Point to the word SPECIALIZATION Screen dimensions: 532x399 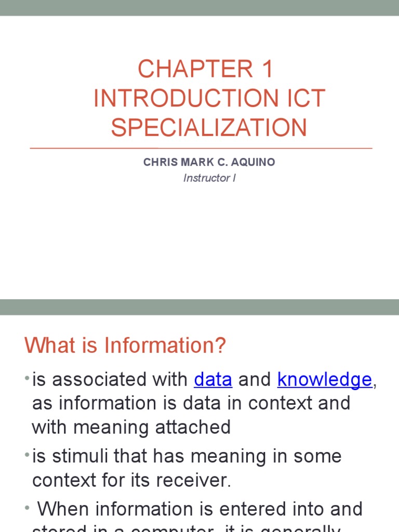click(x=209, y=128)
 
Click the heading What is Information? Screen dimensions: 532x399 click(x=126, y=345)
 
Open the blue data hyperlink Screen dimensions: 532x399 click(x=213, y=380)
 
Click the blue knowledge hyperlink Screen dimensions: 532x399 click(x=325, y=380)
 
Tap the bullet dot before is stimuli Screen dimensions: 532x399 click(x=27, y=456)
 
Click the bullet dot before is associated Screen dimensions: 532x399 click(x=27, y=379)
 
